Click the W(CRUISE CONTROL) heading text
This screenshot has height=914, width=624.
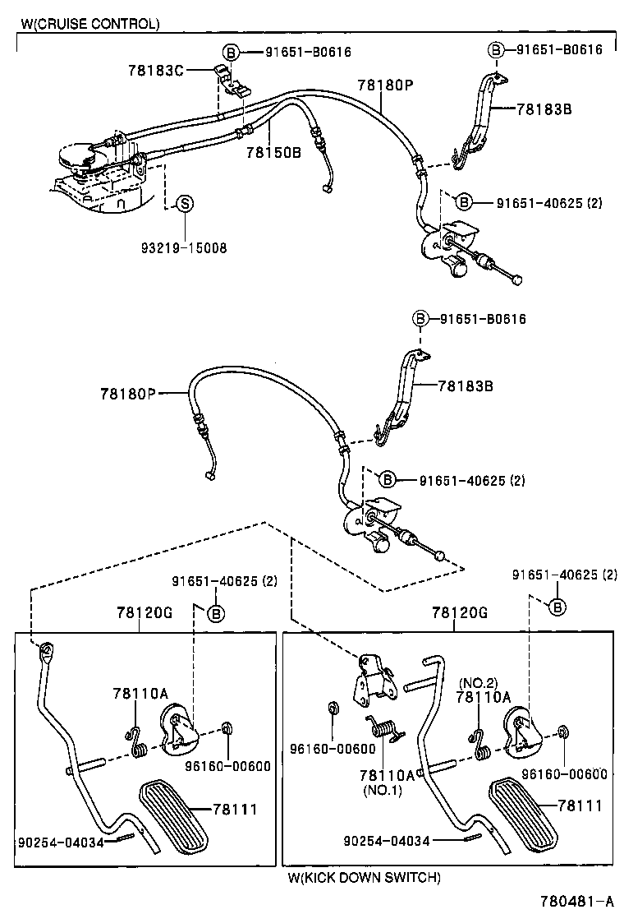point(90,24)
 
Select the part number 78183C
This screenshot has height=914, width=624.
point(155,70)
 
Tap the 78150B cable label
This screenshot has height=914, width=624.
point(273,152)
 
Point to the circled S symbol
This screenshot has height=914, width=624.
point(185,203)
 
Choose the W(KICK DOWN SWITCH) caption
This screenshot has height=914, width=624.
point(364,877)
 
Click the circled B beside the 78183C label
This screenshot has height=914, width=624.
point(231,52)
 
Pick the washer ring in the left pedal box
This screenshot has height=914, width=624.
point(227,728)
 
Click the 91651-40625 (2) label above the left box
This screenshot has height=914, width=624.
point(224,580)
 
